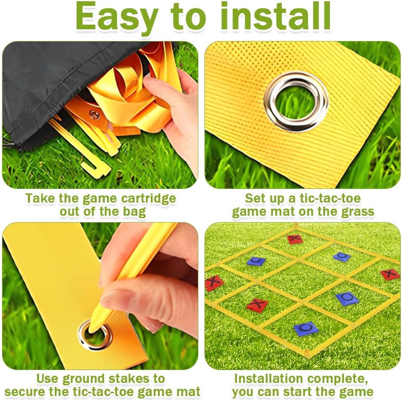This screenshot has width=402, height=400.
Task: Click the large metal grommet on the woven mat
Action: click(x=296, y=102)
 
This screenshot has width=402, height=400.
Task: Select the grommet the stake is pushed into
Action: click(x=95, y=335)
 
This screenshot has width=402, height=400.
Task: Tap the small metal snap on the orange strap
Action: click(x=94, y=115)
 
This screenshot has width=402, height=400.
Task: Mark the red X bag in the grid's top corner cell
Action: click(x=295, y=239)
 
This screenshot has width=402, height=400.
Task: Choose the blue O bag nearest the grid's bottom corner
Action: click(x=306, y=329)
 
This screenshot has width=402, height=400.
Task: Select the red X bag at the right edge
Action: click(x=390, y=274)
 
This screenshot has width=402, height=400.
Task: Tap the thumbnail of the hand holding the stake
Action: click(x=100, y=296)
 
